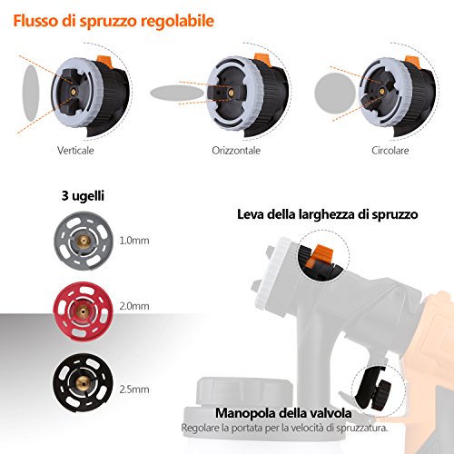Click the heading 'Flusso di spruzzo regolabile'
pos(113,22)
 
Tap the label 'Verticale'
pos(75,151)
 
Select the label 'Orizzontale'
pos(236,151)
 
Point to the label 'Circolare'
pos(390,151)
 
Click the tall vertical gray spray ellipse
pos(31,94)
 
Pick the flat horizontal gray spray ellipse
pos(177,93)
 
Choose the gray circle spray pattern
pos(335,93)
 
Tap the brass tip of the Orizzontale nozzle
pos(231,93)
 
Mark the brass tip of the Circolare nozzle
pos(382,91)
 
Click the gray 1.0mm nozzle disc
pos(84,241)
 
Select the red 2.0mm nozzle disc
pos(83,311)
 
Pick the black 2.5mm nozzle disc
pos(83,383)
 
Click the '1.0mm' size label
pos(134,241)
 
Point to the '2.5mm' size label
pos(134,390)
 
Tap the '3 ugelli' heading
pos(83,196)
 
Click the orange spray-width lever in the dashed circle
pos(321,256)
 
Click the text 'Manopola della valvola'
pos(283,413)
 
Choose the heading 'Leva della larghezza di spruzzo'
pos(328,214)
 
